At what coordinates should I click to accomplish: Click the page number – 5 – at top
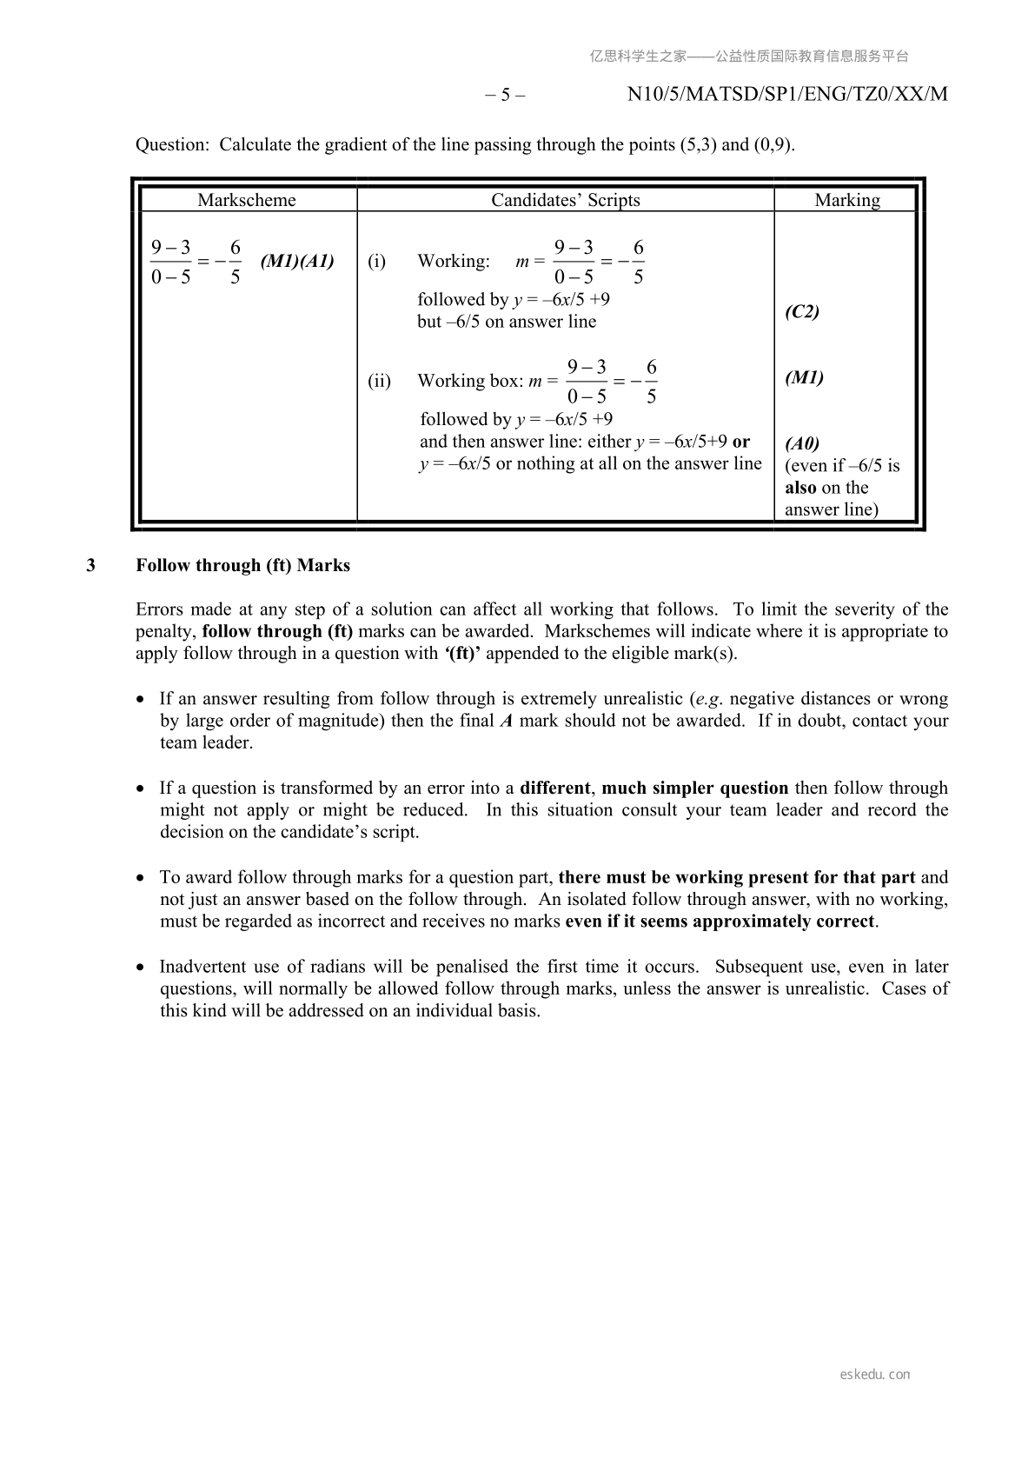coord(505,94)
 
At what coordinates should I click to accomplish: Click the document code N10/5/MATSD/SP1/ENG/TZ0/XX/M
coord(787,94)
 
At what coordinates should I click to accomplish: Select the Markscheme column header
coord(246,200)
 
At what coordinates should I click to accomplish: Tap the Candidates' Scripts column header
coord(565,200)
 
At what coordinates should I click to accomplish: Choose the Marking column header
coord(846,200)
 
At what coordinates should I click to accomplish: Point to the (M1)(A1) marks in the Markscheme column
coord(297,261)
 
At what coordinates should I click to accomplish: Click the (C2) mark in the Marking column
coord(801,311)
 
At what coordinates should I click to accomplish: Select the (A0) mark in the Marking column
coord(801,443)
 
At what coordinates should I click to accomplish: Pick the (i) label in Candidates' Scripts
coord(376,261)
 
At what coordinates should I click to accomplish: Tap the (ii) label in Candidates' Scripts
coord(379,381)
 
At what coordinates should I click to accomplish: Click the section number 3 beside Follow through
coord(91,565)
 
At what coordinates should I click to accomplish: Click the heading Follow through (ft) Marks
coord(242,565)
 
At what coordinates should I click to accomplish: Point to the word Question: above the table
coord(172,144)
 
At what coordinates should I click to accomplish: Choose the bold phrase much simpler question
coord(694,788)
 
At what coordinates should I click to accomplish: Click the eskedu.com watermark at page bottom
coord(875,1374)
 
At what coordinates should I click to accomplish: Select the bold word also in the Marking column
coord(800,488)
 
